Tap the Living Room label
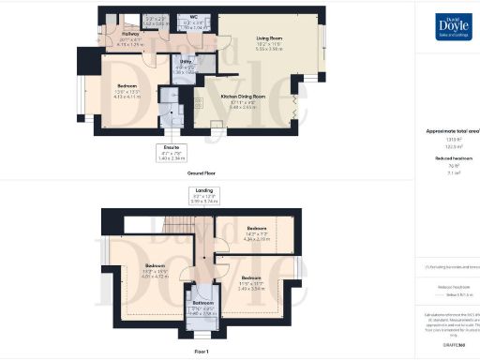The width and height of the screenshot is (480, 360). pyautogui.click(x=269, y=38)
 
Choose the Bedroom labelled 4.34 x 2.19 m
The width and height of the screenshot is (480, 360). pyautogui.click(x=256, y=232)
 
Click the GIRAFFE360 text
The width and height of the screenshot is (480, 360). pyautogui.click(x=447, y=345)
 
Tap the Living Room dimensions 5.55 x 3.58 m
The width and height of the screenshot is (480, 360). pyautogui.click(x=269, y=48)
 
